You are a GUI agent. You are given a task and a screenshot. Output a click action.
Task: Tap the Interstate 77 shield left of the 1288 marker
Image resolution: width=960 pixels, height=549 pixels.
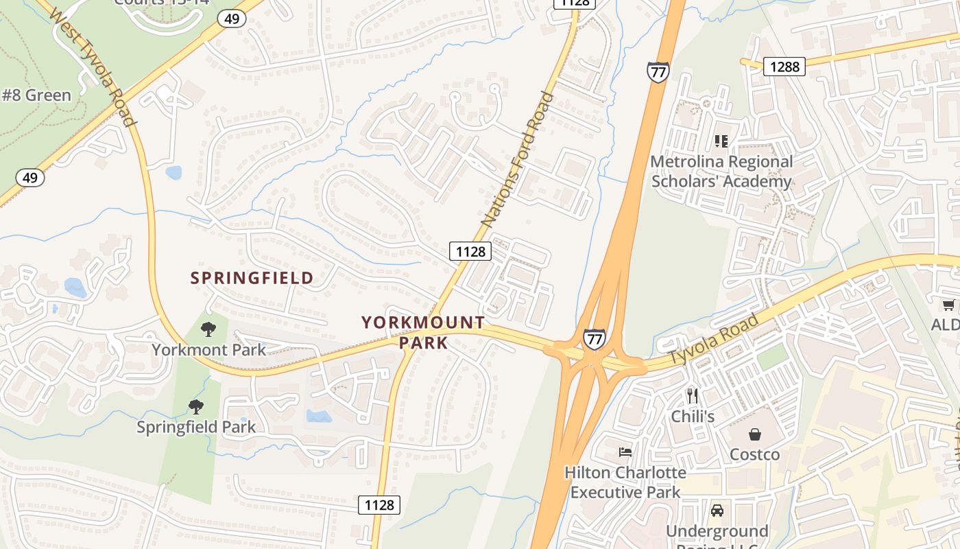tap(657, 72)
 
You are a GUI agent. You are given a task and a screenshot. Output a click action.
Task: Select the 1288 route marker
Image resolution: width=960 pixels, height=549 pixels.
tap(784, 67)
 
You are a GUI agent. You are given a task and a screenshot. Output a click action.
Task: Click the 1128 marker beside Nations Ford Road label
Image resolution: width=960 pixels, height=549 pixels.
tap(470, 251)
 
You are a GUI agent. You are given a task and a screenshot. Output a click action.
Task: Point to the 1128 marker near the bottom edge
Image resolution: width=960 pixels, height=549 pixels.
tap(379, 505)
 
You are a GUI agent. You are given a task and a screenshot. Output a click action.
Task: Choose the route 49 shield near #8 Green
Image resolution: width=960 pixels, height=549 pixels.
tap(30, 178)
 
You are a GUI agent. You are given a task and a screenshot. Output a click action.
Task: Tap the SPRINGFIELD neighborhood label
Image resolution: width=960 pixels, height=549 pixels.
tap(252, 278)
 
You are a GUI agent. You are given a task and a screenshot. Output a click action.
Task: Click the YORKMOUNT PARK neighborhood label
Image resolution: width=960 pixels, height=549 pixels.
tap(423, 332)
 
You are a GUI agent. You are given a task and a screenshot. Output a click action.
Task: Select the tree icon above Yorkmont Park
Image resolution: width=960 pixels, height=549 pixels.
tap(208, 329)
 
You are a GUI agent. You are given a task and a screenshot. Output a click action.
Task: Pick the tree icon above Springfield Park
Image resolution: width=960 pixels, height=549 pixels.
tap(196, 407)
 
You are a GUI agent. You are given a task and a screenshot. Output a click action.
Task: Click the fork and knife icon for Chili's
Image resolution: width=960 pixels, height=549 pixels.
tap(693, 396)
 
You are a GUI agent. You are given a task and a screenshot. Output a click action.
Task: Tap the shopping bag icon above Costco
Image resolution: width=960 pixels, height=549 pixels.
tap(754, 434)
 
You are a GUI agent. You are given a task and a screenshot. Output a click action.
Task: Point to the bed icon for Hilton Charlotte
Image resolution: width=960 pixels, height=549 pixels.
tap(625, 452)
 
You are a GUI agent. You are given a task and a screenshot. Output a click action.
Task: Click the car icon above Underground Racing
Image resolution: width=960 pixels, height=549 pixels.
tap(717, 511)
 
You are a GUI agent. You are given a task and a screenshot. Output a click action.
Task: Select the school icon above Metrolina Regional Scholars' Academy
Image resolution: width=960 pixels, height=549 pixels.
tap(721, 141)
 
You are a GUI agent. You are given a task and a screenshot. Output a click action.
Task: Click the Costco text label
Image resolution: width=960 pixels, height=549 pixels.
tap(754, 454)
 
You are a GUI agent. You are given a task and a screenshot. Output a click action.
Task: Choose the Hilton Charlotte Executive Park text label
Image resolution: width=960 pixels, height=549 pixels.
tap(625, 482)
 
